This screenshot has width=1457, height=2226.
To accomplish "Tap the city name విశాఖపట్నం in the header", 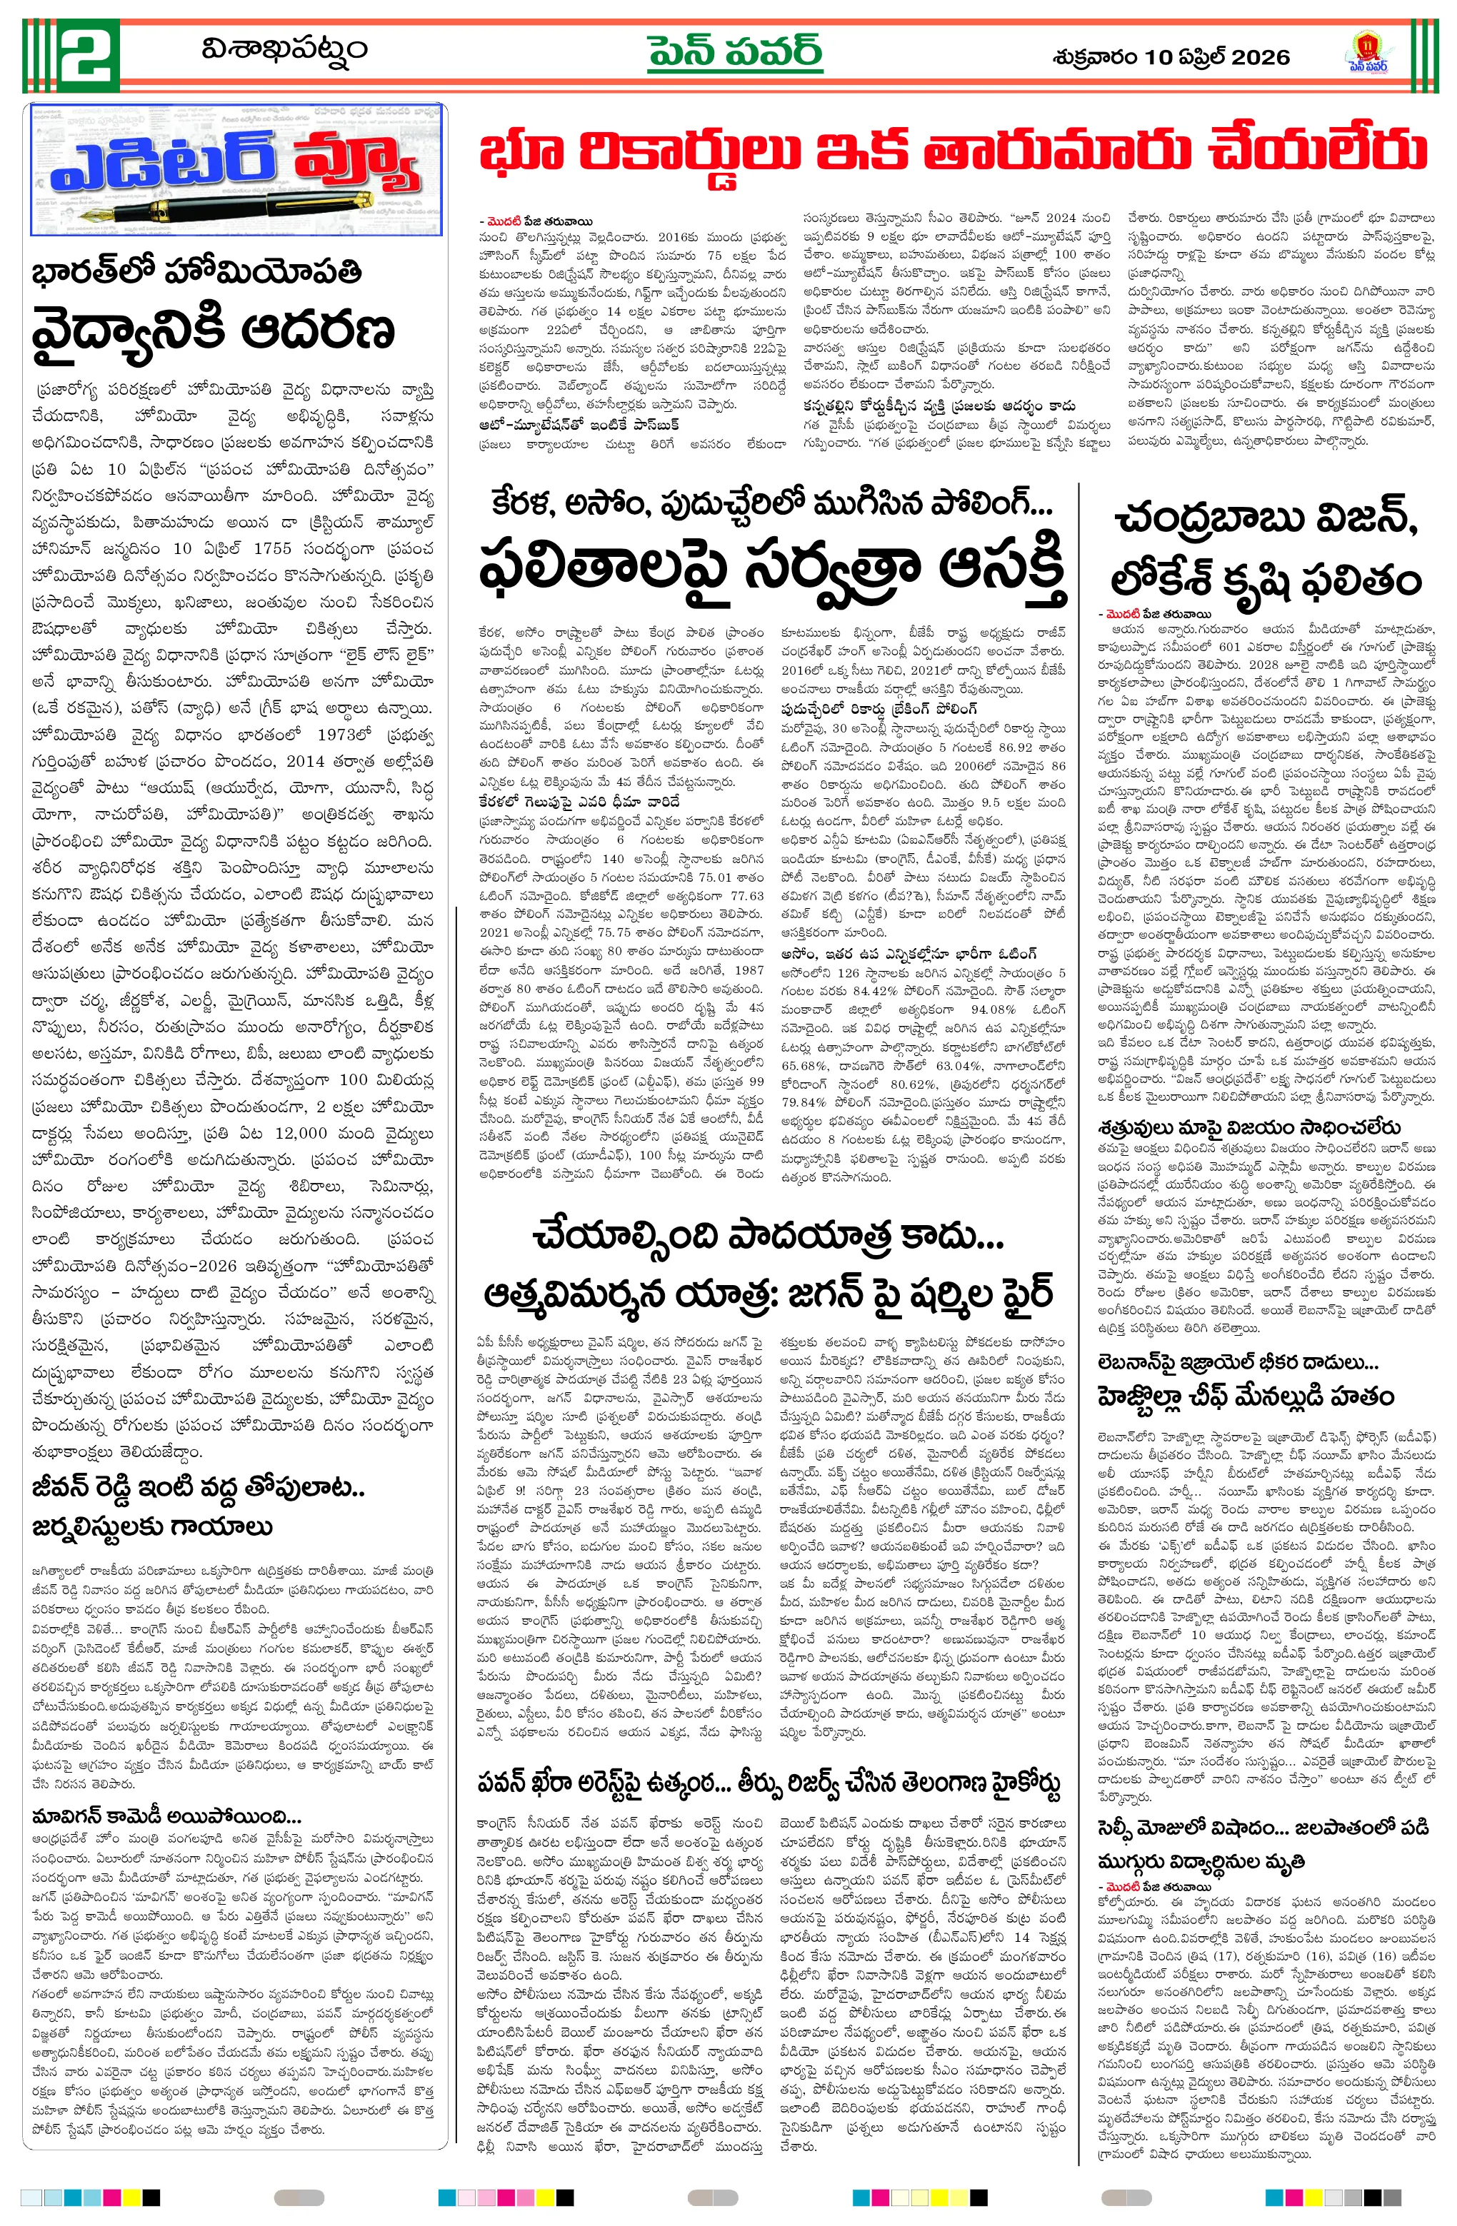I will tap(284, 48).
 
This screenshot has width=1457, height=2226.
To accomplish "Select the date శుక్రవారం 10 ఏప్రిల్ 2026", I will tap(1171, 57).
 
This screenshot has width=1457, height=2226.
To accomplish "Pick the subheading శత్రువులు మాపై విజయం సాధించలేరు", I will tap(1249, 1127).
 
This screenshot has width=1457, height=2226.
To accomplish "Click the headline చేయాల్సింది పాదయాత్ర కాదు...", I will tap(767, 1236).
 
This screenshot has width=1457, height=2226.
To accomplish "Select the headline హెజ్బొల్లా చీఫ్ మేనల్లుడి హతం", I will tap(1246, 1396).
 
